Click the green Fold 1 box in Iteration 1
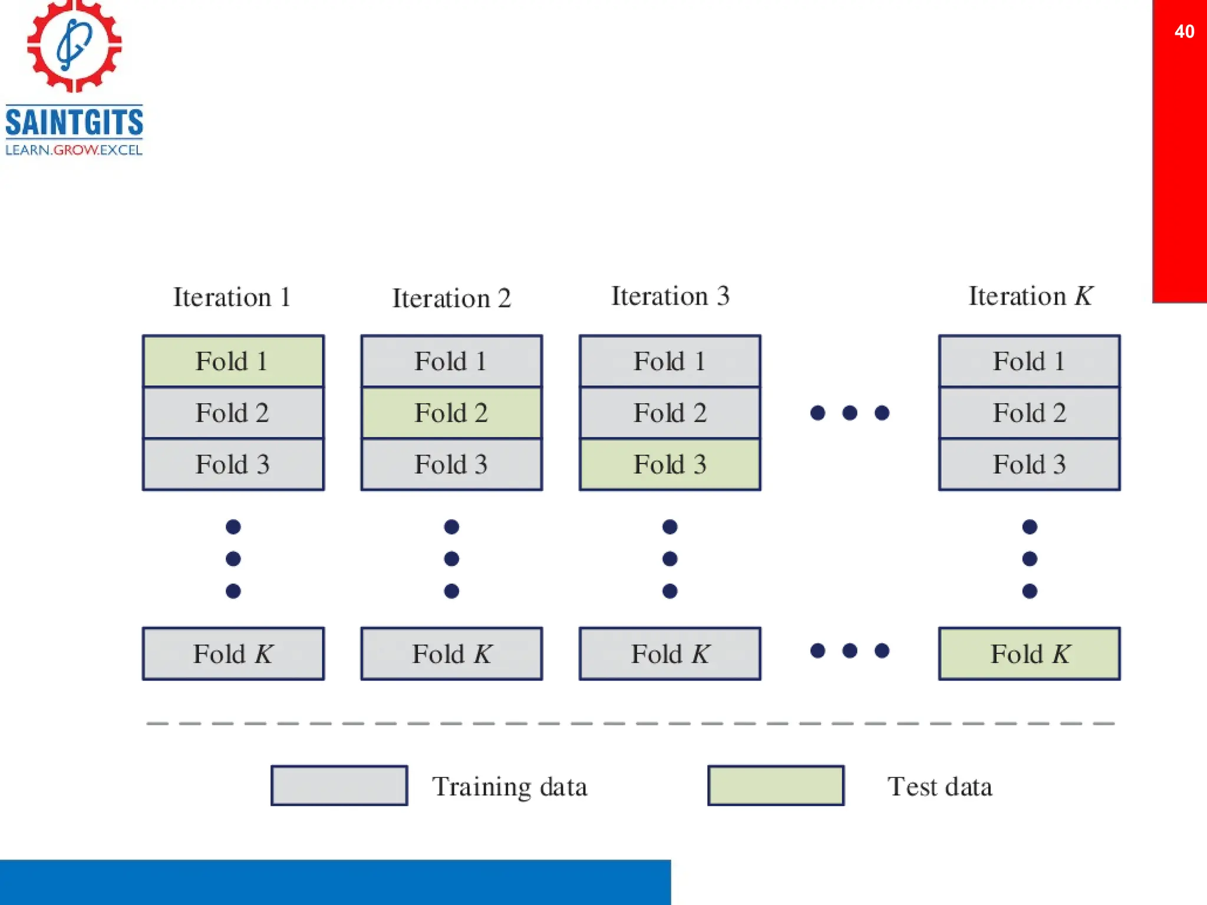[x=233, y=361]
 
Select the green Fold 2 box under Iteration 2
[x=451, y=412]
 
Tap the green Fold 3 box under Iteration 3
[x=670, y=464]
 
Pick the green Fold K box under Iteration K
[x=1029, y=653]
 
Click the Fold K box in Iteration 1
[x=233, y=653]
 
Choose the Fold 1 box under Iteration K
[x=1029, y=361]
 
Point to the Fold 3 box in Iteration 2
[x=451, y=464]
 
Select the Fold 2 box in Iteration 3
[x=670, y=412]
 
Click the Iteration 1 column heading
[x=232, y=297]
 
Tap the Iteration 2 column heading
[x=451, y=298]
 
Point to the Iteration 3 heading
[x=670, y=296]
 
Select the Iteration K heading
[x=1030, y=296]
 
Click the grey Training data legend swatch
[x=339, y=785]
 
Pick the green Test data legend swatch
[x=776, y=785]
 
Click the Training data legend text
[x=509, y=787]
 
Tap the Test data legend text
[x=939, y=787]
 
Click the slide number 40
[x=1184, y=31]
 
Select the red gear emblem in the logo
[x=74, y=45]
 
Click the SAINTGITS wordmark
[x=74, y=122]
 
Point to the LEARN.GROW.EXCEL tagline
[x=74, y=150]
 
